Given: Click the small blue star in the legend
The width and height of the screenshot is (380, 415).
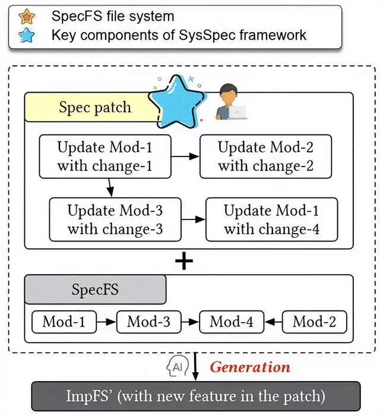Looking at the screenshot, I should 27,35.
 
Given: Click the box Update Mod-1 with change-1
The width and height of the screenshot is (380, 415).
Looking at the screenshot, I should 104,156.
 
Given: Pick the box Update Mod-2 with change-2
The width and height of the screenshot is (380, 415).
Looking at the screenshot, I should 265,156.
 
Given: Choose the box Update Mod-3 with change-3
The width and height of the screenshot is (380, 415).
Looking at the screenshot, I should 115,219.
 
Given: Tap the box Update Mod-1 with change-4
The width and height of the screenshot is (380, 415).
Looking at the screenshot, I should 271,219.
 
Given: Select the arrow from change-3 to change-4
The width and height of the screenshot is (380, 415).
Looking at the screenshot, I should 192,220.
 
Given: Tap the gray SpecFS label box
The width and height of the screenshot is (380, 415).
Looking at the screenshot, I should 95,290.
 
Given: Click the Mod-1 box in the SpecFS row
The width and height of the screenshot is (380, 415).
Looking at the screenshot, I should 64,322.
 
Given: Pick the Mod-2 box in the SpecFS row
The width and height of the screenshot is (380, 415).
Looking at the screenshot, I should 315,322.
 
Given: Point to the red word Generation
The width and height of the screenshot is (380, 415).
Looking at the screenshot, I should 250,367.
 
